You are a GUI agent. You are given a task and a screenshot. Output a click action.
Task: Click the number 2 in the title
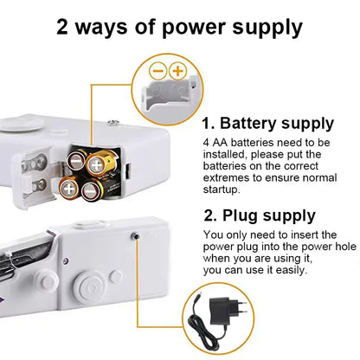[65, 27]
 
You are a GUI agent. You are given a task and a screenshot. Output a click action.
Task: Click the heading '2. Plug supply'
[259, 215]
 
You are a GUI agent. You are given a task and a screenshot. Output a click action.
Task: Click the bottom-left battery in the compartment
[68, 186]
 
